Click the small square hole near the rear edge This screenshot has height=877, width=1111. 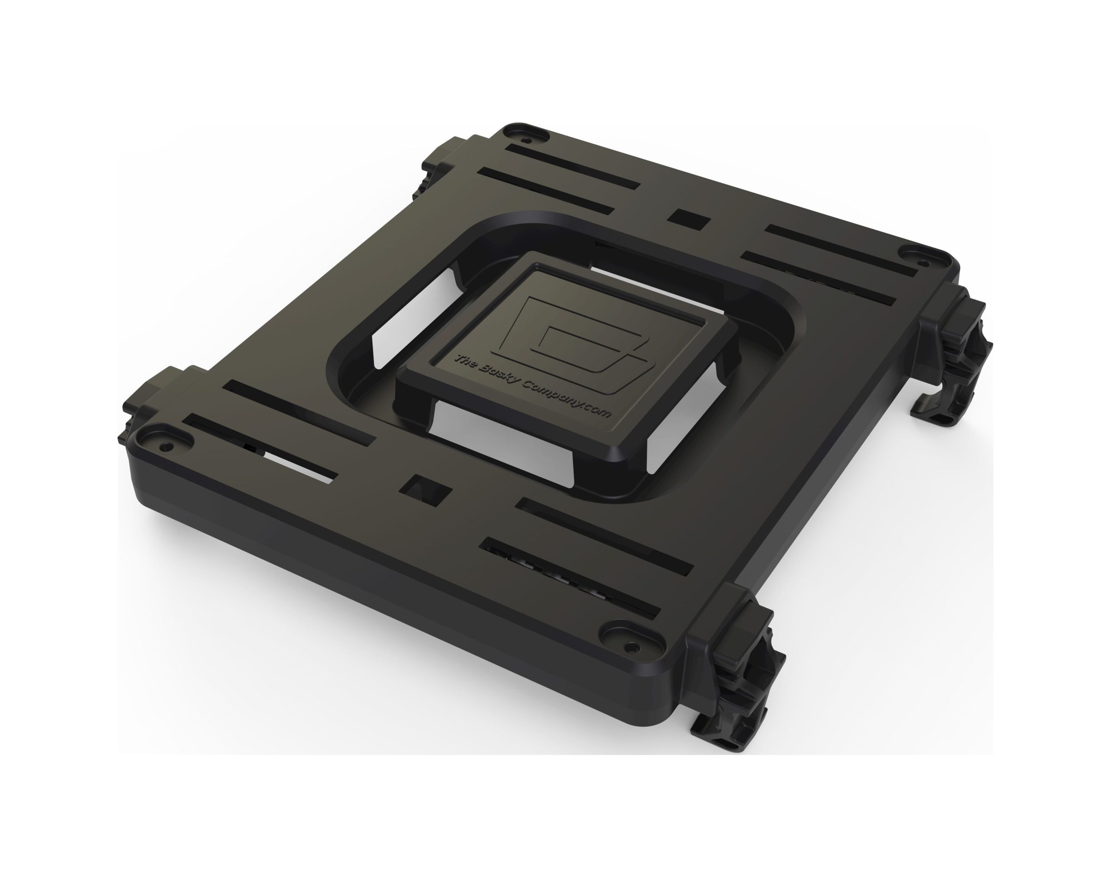tap(688, 220)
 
